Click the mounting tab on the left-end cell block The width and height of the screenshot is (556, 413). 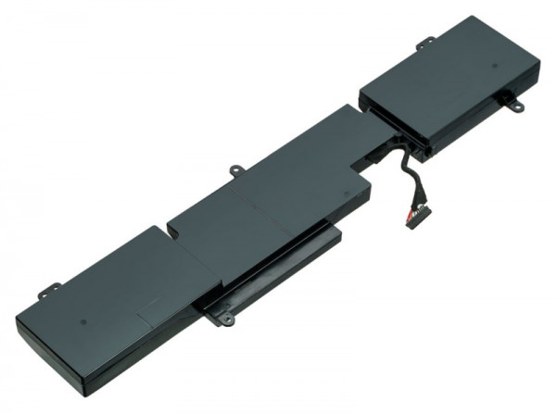pyautogui.click(x=44, y=294)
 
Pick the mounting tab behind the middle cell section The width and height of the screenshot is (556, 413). pyautogui.click(x=234, y=170)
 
